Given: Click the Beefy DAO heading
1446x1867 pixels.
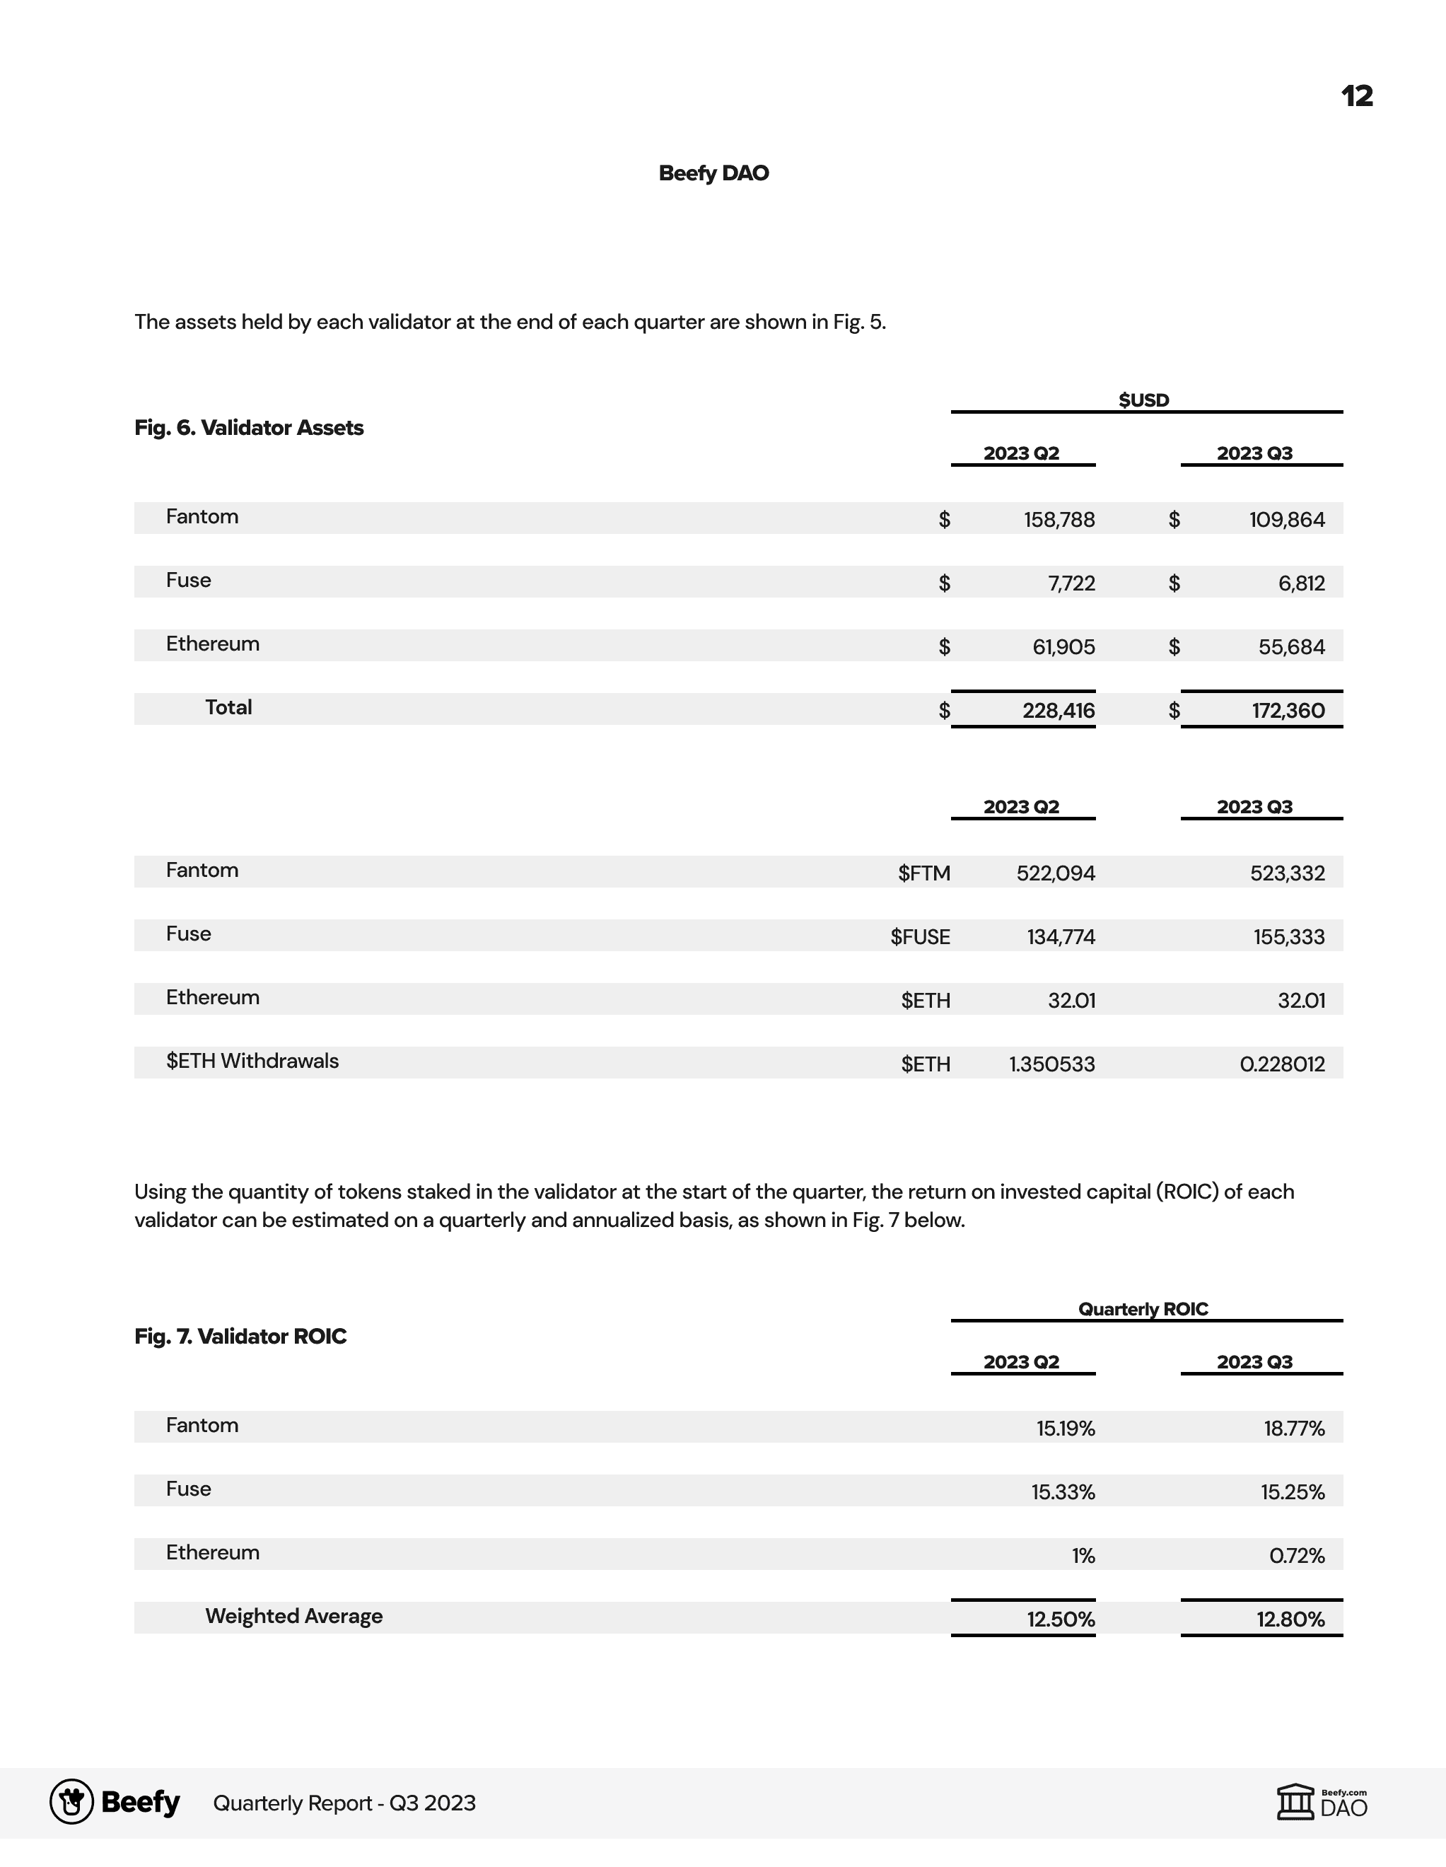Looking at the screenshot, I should point(713,173).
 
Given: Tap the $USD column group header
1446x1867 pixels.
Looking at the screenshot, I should point(1143,400).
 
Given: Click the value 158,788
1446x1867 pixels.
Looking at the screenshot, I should point(1059,520).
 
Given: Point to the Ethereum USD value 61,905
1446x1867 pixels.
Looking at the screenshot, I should point(1063,647).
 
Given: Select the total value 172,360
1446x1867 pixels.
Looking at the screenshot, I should point(1288,711).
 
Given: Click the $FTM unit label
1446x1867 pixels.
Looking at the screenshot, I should point(924,873).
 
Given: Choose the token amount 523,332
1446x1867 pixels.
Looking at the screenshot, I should point(1287,873).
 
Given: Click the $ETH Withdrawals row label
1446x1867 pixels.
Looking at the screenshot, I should point(252,1061).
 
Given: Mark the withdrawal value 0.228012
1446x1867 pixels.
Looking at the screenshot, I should point(1282,1064).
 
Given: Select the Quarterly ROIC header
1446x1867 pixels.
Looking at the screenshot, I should point(1143,1309).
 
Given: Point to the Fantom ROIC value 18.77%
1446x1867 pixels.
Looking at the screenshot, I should point(1294,1429).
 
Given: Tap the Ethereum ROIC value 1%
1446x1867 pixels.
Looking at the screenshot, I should point(1083,1556).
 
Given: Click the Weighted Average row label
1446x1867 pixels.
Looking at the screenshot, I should point(293,1616).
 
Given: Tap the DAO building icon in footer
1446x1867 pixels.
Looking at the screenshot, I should point(1295,1802).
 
